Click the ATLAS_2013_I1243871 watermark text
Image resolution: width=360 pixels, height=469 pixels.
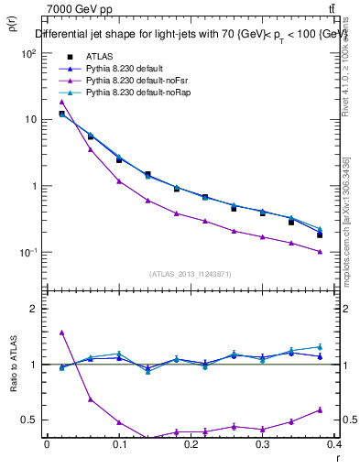[x=190, y=274]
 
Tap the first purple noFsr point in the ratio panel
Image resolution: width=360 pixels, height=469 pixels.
[x=61, y=333]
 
